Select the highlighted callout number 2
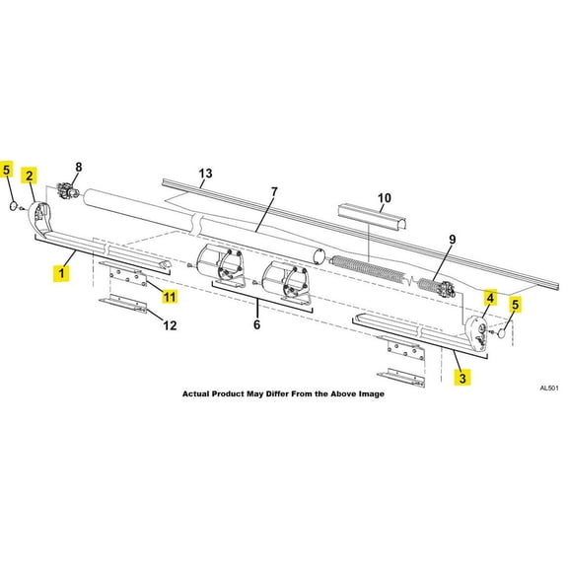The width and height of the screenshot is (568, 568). pos(31,177)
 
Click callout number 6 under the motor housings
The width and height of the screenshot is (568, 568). pos(257,322)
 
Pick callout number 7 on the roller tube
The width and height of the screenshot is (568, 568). pos(274,190)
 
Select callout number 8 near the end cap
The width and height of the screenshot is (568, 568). pos(79,167)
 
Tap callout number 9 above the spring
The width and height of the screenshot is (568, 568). pos(453,239)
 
